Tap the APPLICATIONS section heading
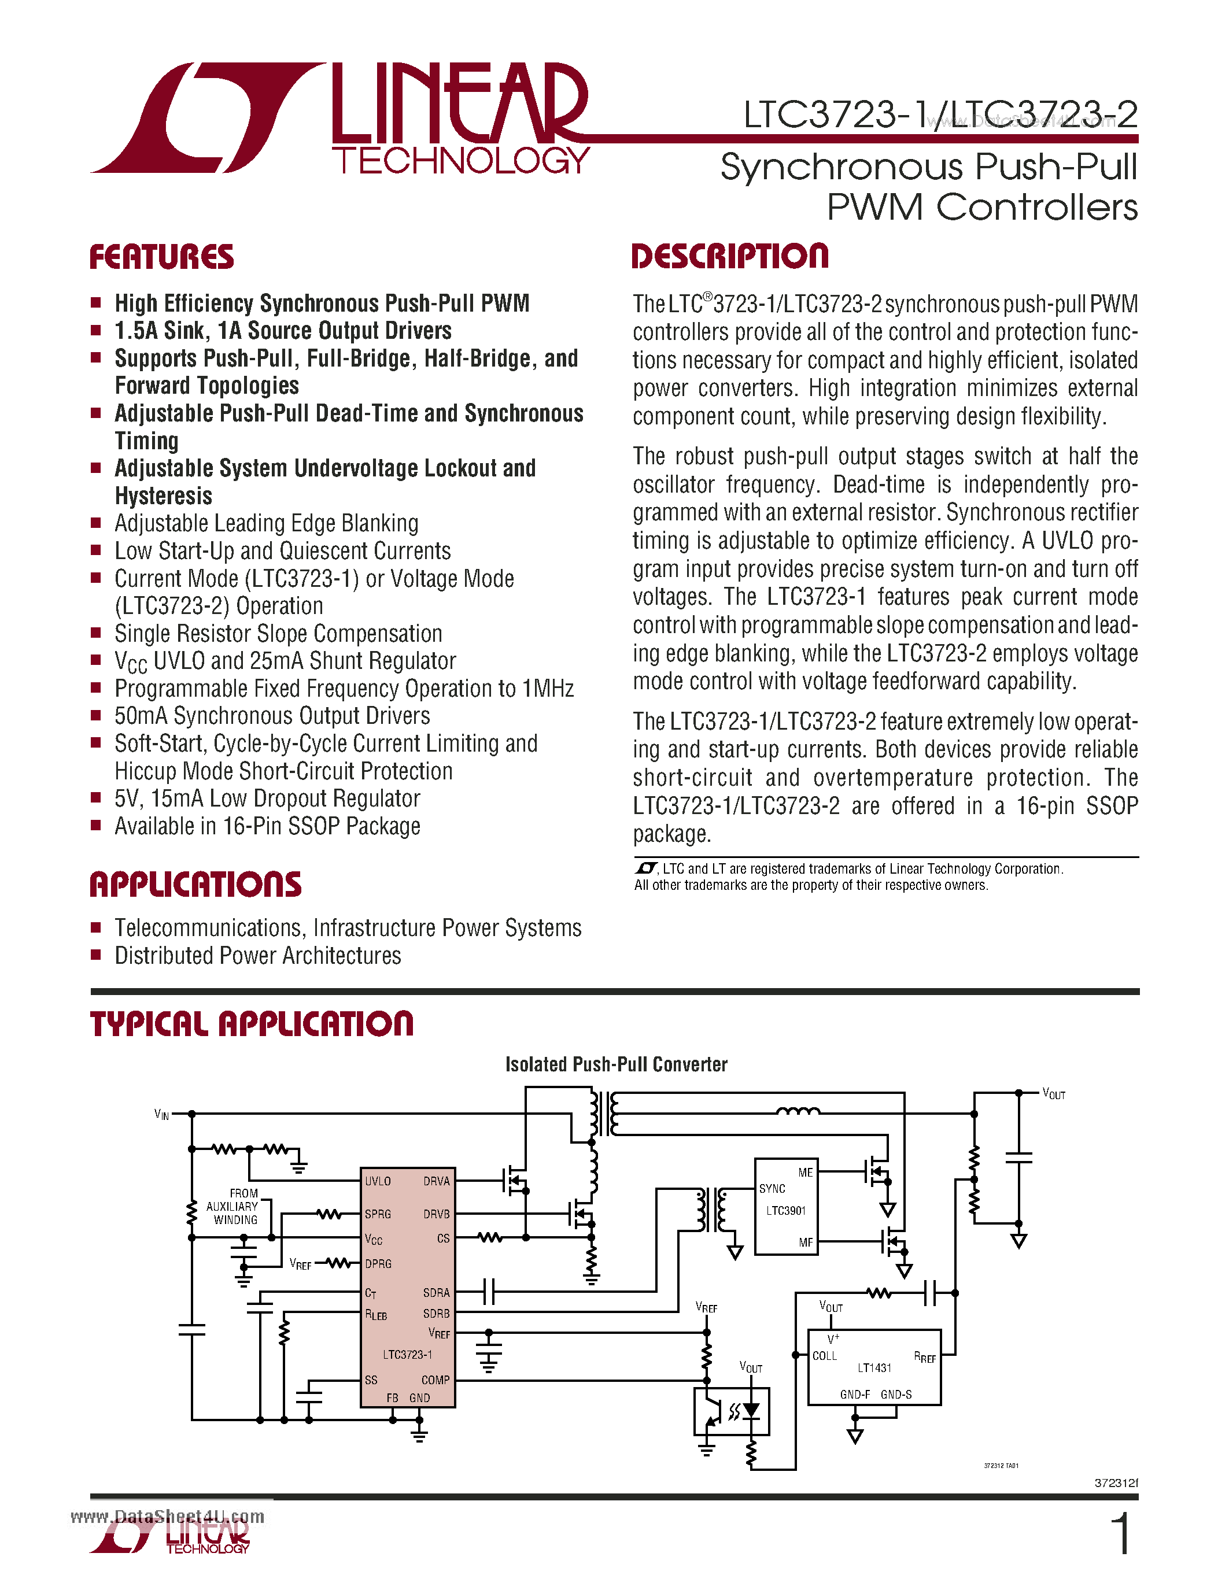[x=195, y=885]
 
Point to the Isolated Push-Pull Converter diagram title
[x=616, y=1064]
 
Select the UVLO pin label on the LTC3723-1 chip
[x=378, y=1181]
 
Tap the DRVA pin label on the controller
[x=436, y=1181]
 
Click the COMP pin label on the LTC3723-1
[x=435, y=1380]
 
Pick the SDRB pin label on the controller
[x=436, y=1314]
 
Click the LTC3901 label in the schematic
[x=785, y=1211]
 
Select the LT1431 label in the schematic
[x=874, y=1368]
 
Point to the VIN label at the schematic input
[x=161, y=1115]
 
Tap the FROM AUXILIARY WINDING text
[x=234, y=1206]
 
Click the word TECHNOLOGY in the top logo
[x=460, y=160]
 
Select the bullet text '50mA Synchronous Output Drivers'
[x=272, y=716]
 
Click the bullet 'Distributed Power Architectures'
[x=258, y=955]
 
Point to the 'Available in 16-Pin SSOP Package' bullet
[x=267, y=826]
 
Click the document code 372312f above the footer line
[x=1116, y=1483]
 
